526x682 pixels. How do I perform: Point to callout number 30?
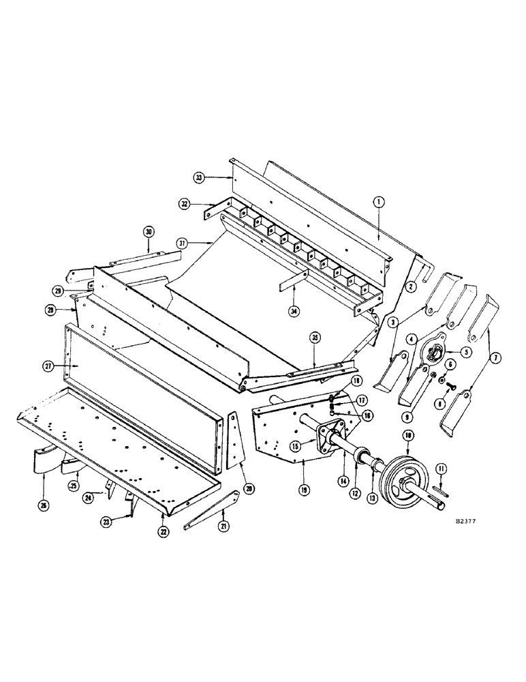149,232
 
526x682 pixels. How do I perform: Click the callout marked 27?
48,366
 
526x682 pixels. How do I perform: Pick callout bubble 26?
45,507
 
